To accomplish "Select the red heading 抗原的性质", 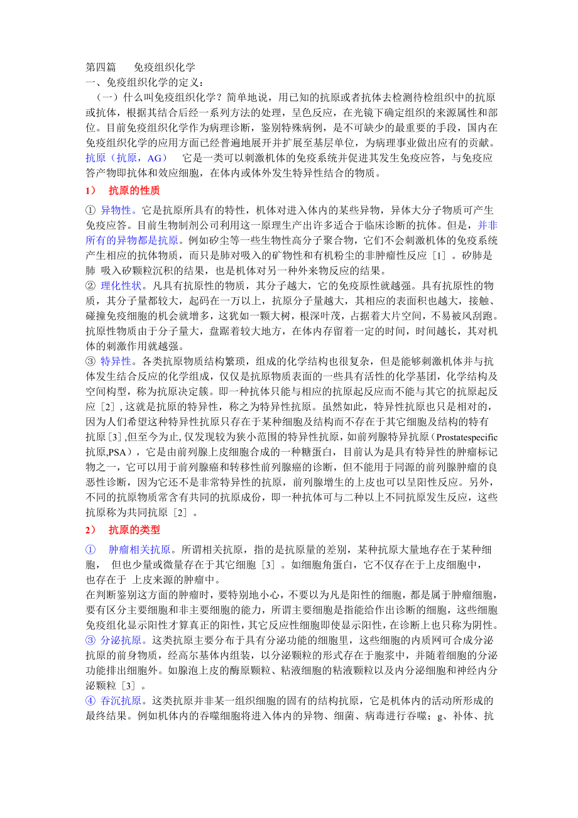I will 134,190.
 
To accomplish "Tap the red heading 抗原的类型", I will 134,530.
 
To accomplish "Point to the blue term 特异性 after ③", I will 119,361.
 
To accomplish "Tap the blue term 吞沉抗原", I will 123,701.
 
